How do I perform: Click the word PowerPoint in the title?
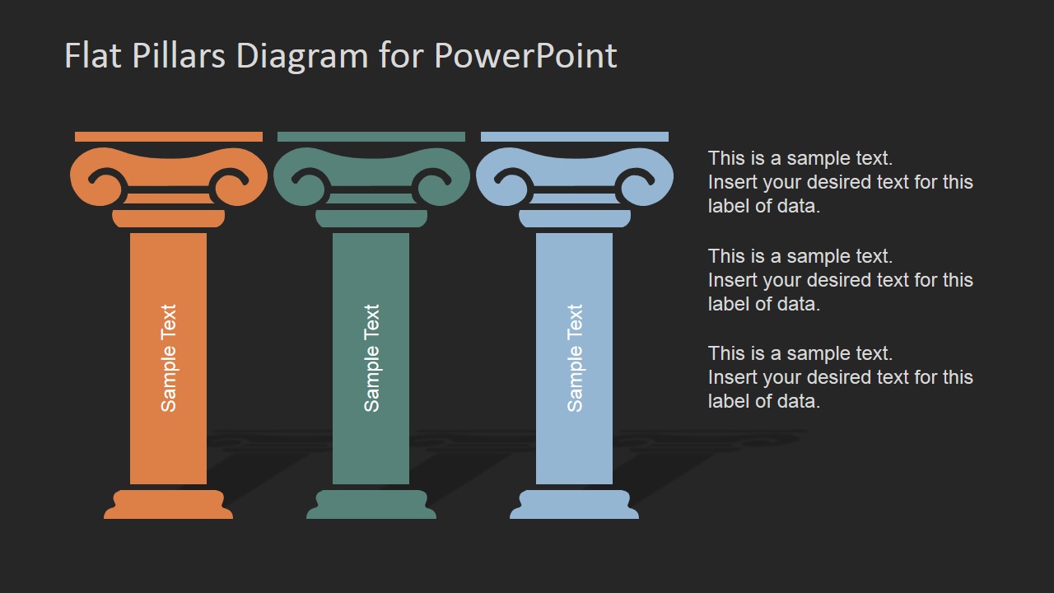point(525,56)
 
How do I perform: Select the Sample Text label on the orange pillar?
point(169,358)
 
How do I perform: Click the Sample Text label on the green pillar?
point(371,358)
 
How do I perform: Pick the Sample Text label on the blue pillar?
point(575,358)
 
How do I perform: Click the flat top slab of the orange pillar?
point(169,137)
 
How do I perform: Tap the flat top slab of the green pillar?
point(371,137)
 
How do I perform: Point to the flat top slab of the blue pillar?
point(575,137)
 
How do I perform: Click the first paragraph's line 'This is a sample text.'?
point(800,158)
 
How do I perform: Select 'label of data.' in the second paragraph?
point(763,304)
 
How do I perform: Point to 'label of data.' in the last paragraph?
point(763,401)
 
